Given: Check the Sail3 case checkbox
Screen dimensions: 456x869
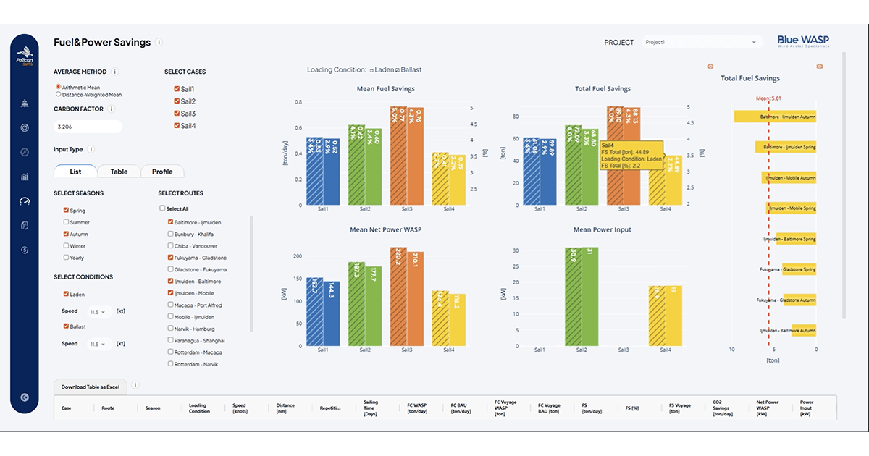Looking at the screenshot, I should pos(177,114).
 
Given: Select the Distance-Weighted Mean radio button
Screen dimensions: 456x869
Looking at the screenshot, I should pos(59,94).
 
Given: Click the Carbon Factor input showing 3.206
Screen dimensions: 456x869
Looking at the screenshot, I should pos(88,127).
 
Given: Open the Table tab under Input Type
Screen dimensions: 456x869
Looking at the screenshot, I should pos(119,172).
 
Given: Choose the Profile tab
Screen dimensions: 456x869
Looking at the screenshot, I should pos(162,172).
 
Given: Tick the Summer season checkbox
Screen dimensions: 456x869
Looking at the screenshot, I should pos(67,222).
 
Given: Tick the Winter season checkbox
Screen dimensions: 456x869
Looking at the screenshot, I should pos(67,245).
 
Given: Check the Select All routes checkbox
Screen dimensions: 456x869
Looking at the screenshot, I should pos(163,208).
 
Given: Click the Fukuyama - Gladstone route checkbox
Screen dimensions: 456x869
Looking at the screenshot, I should pos(170,258).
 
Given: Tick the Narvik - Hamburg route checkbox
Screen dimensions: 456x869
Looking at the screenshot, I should pos(170,328).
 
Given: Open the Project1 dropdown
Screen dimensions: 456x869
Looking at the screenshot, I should pos(702,42).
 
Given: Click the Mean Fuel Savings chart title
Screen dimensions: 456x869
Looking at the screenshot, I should pos(386,89).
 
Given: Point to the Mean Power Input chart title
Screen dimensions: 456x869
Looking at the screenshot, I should pos(602,229).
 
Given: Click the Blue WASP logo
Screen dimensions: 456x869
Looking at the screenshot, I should pos(803,41).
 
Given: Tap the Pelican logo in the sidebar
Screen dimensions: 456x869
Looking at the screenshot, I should pos(25,54).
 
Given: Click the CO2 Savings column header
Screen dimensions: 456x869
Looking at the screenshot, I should pos(722,408).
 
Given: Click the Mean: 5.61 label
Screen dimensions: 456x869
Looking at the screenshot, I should pos(768,98).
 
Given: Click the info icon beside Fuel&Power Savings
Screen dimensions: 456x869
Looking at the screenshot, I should pos(159,42).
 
